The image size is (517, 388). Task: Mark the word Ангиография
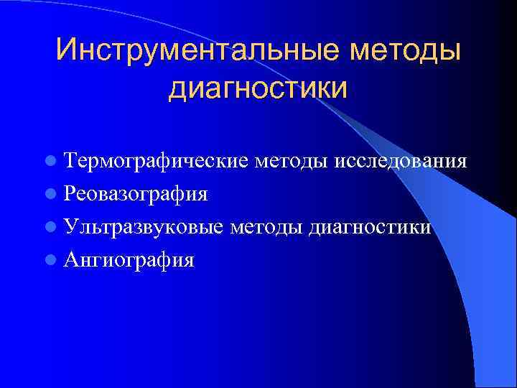129,261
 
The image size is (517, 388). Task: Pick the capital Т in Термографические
70,160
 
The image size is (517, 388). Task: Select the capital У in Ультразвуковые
70,227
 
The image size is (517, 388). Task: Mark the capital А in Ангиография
70,259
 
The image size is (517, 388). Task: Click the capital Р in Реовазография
70,193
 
